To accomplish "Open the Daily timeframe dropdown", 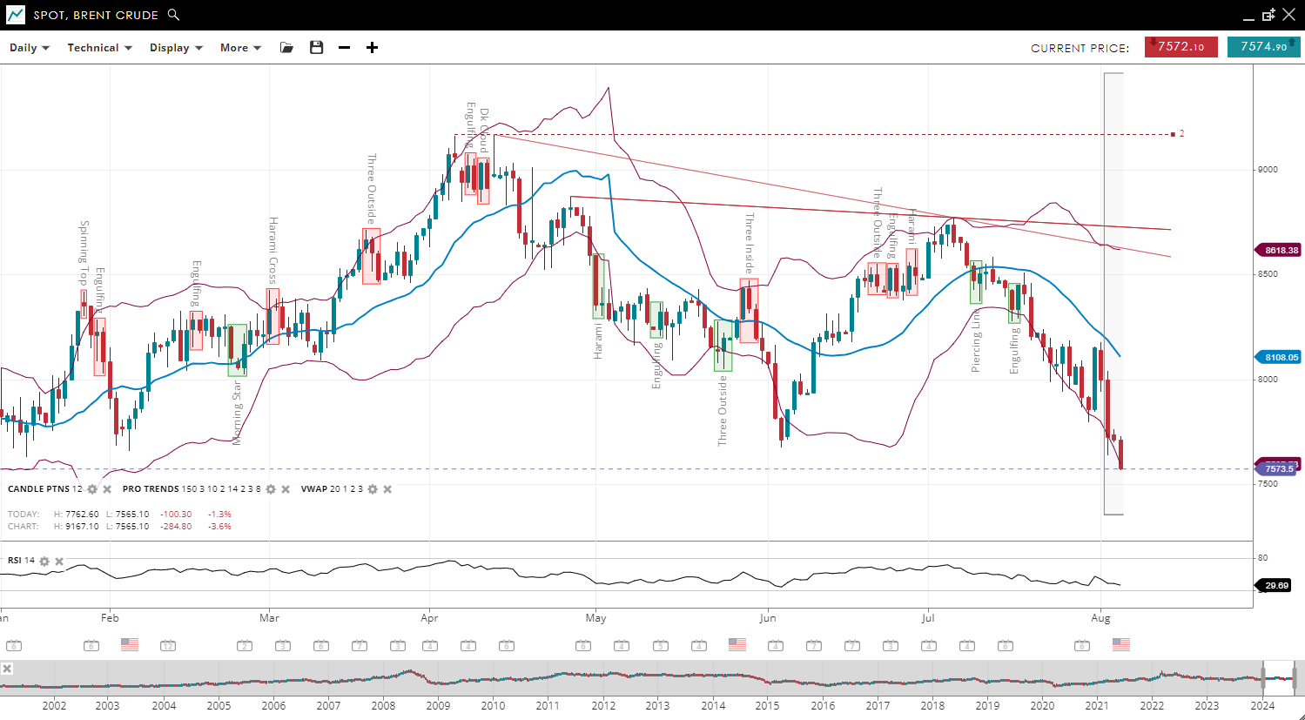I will [x=29, y=48].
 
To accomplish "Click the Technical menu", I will [x=99, y=48].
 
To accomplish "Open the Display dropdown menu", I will [x=175, y=48].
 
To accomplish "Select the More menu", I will [x=240, y=48].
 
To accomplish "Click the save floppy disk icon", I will [x=317, y=48].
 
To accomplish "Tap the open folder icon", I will [x=286, y=48].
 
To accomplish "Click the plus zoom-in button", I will [x=372, y=48].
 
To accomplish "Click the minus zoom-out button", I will [x=345, y=48].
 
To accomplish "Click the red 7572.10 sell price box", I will [x=1181, y=47].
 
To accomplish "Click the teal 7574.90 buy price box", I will [x=1263, y=47].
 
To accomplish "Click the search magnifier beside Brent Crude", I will [x=173, y=15].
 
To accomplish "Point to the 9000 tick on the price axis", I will [x=1268, y=170].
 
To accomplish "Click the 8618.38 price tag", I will [x=1281, y=251].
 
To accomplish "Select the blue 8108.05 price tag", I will [x=1281, y=358].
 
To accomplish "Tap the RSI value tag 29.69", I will [x=1276, y=586].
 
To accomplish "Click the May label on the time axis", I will [x=595, y=618].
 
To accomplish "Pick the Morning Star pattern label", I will [x=237, y=413].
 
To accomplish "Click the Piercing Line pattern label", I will [x=976, y=340].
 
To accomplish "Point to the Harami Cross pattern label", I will [x=272, y=251].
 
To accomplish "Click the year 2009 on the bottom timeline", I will [x=438, y=705].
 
